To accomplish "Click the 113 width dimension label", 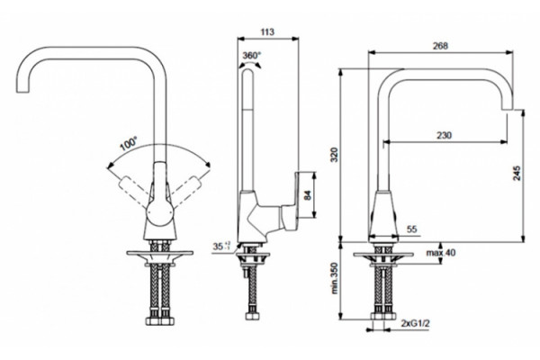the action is point(267,32).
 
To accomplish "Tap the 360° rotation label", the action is point(251,55).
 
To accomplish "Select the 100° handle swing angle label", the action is point(129,143).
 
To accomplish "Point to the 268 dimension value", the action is point(440,46).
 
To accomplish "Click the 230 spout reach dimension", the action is point(445,135).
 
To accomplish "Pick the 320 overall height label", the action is point(335,154).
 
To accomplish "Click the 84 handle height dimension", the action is point(308,195).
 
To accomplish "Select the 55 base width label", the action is point(412,229).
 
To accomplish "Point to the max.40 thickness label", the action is point(441,253).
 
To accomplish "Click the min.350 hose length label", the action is point(335,278).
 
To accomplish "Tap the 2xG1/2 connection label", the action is point(416,323).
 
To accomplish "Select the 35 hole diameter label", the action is point(221,247).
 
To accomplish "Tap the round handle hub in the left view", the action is point(159,213).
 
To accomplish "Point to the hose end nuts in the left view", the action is point(160,321).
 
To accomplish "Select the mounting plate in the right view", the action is point(383,255).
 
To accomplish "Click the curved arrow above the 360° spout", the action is point(250,65).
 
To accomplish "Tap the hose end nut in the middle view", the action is point(252,316).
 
